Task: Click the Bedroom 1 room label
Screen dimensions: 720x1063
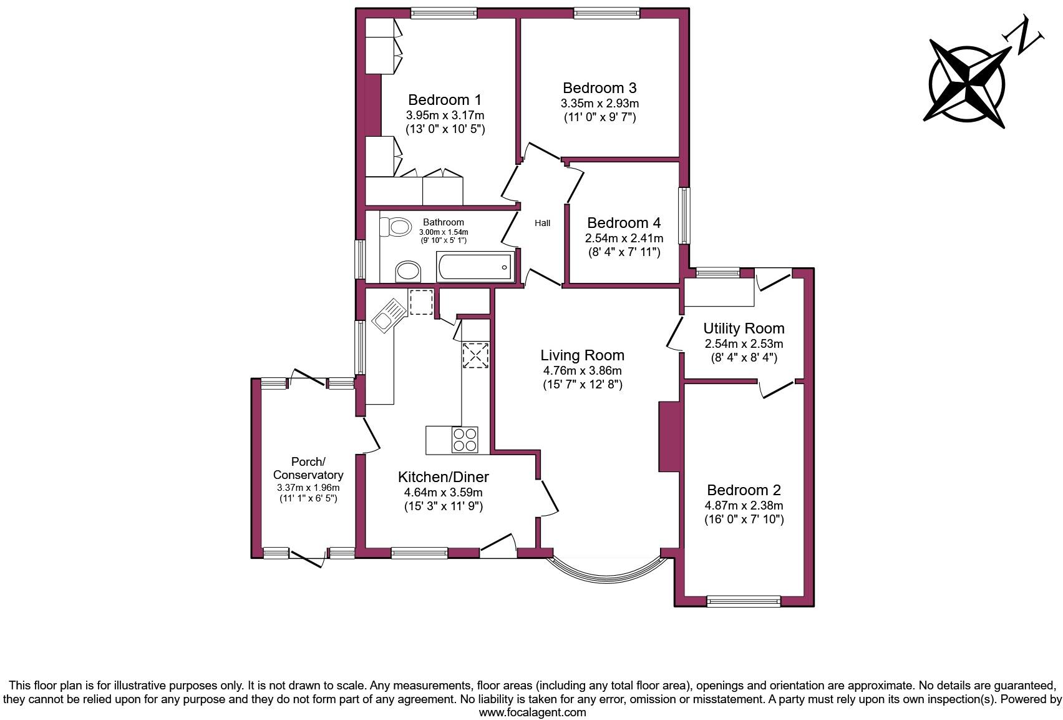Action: (445, 100)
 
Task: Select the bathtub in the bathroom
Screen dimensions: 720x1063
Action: (475, 268)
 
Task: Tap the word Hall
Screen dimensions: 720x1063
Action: (542, 223)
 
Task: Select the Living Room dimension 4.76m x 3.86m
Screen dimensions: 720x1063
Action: (582, 370)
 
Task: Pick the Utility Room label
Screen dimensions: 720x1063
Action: (744, 328)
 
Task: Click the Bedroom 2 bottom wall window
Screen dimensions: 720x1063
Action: (744, 601)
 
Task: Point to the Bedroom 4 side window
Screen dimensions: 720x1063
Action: (684, 216)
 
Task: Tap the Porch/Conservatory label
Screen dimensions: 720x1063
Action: (308, 468)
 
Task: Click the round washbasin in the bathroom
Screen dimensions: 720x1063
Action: (409, 272)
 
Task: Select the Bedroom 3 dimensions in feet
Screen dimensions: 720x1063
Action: (599, 117)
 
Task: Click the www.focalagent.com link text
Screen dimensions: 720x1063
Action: (532, 712)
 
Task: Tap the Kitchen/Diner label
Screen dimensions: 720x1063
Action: (443, 477)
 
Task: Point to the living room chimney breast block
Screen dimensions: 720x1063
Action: (668, 436)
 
